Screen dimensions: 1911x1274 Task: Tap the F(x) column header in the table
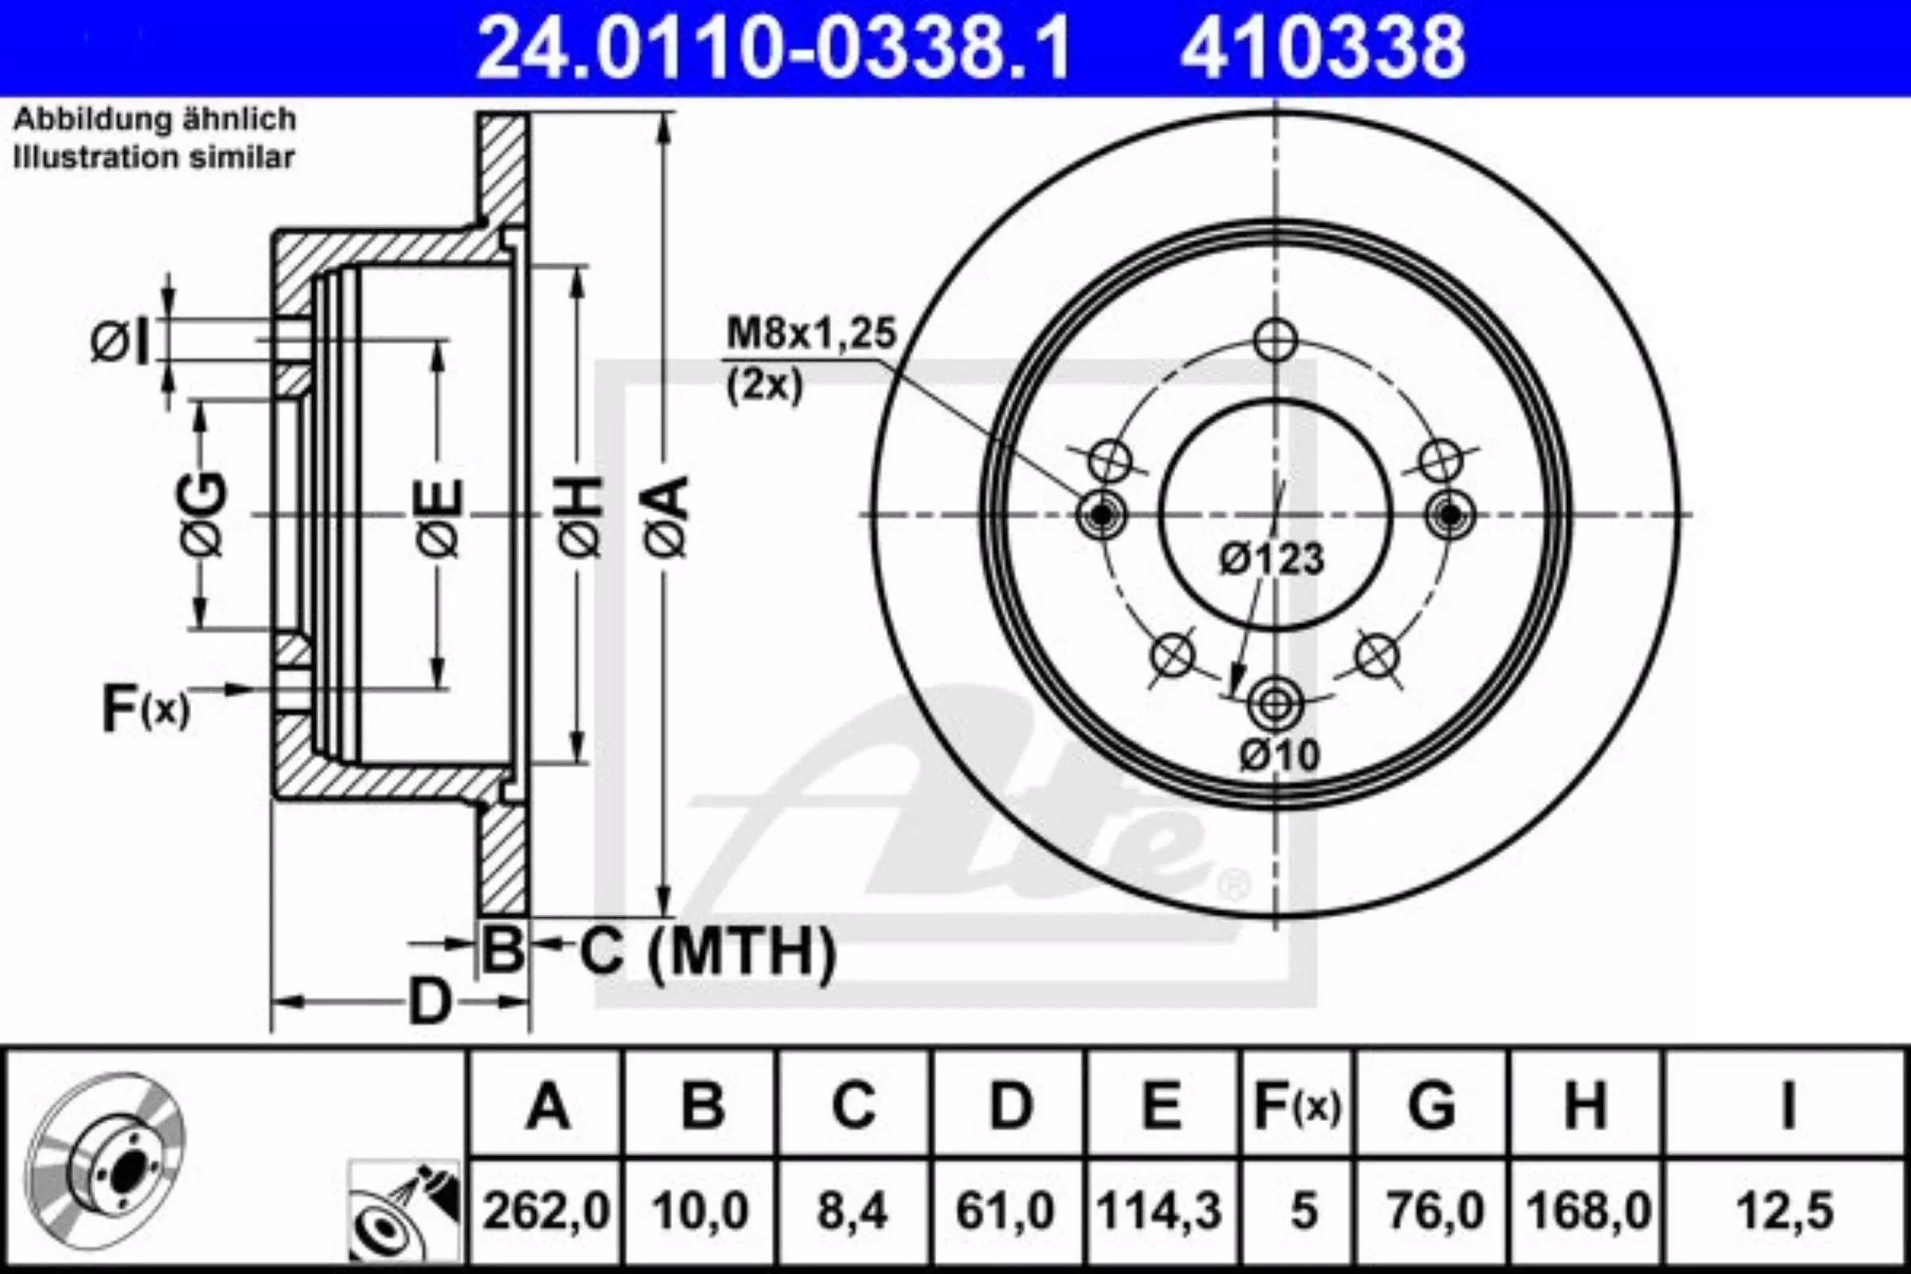point(1297,1106)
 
